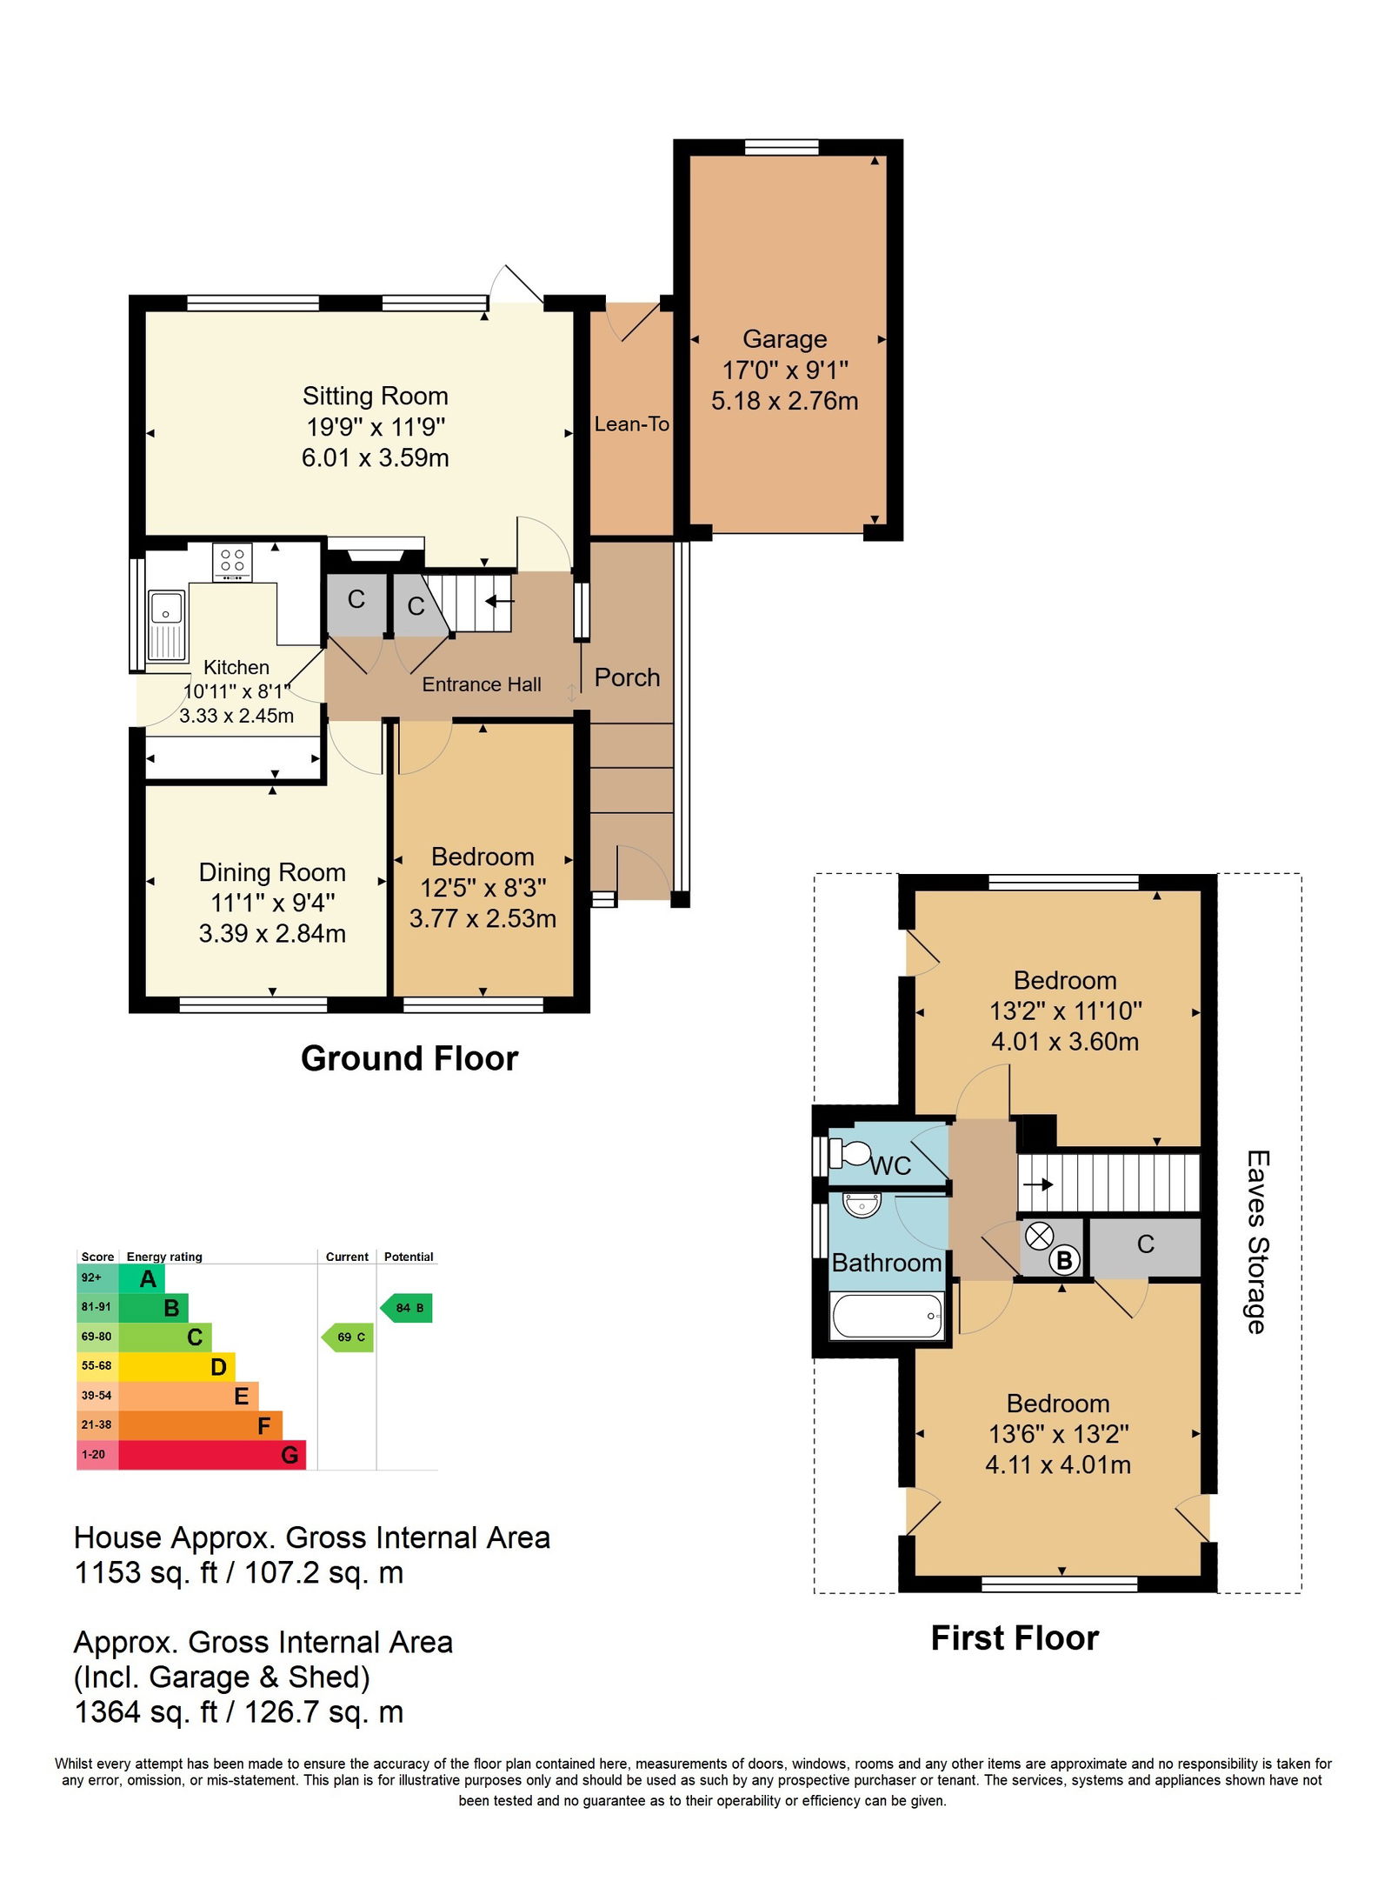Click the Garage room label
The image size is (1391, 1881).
(784, 339)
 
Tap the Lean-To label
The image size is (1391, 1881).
(632, 424)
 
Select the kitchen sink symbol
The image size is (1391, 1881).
(166, 624)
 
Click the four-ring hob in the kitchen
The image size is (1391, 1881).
(232, 562)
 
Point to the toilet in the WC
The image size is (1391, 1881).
(849, 1153)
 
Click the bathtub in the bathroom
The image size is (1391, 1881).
(887, 1316)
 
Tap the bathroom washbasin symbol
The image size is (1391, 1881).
(862, 1204)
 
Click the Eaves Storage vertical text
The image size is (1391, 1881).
(1257, 1242)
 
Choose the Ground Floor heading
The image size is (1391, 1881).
(409, 1058)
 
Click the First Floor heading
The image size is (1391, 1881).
(1015, 1638)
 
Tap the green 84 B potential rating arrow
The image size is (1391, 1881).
(407, 1308)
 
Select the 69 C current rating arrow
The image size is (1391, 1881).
(348, 1337)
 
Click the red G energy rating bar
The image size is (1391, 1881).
(212, 1455)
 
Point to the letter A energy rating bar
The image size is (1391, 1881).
(142, 1278)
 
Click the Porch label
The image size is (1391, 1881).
(627, 677)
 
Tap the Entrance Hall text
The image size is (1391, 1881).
(482, 684)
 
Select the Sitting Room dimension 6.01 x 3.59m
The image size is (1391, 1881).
(376, 457)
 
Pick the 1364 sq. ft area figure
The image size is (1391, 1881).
(146, 1711)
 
